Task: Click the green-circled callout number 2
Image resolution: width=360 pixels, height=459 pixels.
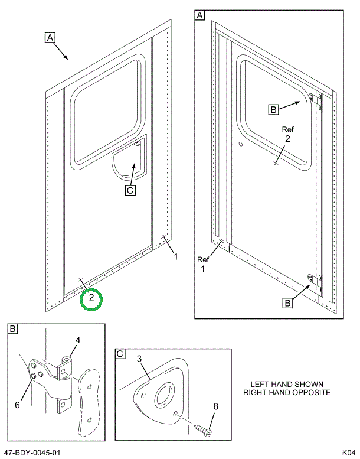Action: tap(91, 299)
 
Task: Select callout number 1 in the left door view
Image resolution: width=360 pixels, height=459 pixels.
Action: tap(175, 256)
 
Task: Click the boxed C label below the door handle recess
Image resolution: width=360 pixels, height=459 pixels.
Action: tap(130, 190)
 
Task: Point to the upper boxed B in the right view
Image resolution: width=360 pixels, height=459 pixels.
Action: tap(273, 109)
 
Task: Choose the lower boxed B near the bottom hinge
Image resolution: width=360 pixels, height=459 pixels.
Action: tap(287, 303)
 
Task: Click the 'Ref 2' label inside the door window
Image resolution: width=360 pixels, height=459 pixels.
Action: tap(287, 134)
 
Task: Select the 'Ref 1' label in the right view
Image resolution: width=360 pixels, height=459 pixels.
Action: tap(203, 264)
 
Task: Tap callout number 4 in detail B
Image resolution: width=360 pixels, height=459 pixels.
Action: tap(77, 340)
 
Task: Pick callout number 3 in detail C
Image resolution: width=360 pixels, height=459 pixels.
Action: tap(140, 359)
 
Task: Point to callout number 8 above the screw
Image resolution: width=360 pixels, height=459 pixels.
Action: tap(215, 406)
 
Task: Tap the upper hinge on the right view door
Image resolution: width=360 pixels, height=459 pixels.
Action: tap(316, 101)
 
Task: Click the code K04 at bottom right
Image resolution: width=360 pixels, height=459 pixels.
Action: tap(348, 453)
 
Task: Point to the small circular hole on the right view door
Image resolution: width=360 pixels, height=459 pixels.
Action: tap(241, 144)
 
